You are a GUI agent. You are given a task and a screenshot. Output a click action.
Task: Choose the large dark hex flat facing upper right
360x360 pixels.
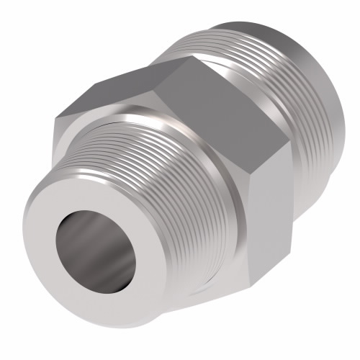pos(216,108)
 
